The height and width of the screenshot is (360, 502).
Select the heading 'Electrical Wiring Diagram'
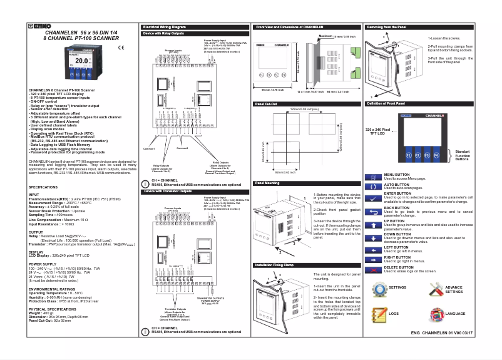click(165, 28)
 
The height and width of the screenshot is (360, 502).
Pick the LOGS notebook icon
click(379, 313)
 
